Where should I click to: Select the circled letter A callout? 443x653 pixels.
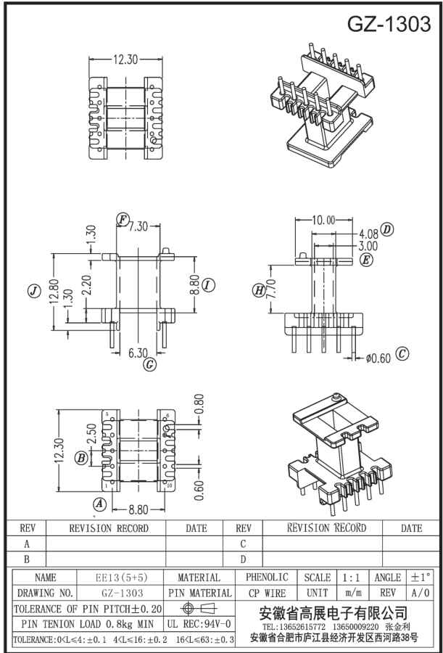click(x=99, y=503)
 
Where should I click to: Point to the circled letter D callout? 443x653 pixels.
click(x=386, y=230)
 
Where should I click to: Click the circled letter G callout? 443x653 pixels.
click(x=149, y=364)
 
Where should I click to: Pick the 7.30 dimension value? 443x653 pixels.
click(x=138, y=226)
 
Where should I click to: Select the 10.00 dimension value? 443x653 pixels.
click(x=323, y=220)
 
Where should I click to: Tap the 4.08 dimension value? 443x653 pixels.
click(x=368, y=234)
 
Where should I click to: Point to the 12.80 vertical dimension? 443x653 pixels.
click(x=53, y=293)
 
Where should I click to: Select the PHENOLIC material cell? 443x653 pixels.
click(x=267, y=578)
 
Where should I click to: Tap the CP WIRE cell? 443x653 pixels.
click(x=267, y=593)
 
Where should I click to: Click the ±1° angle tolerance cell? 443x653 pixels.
click(x=422, y=578)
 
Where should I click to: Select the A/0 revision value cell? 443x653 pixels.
click(x=422, y=593)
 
